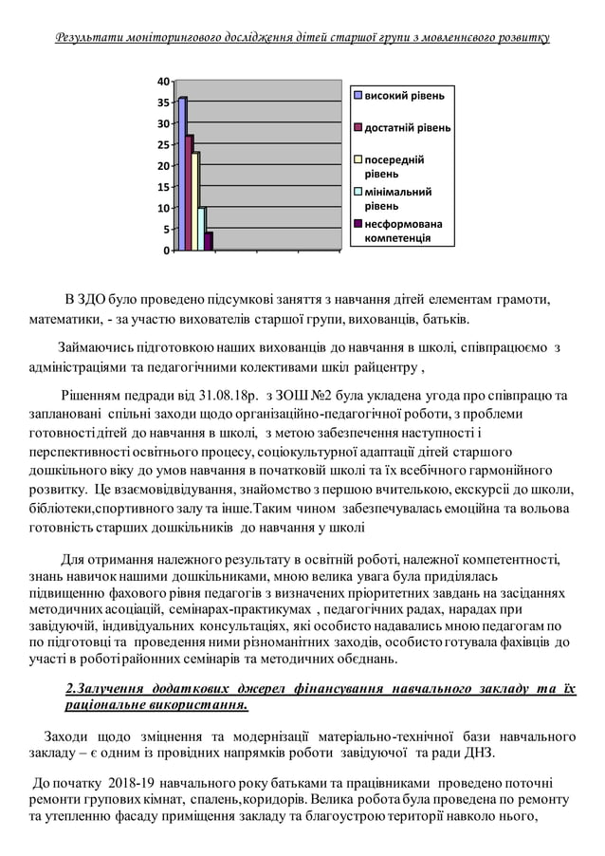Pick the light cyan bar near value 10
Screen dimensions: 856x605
(201, 229)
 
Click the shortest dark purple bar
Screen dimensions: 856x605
(209, 241)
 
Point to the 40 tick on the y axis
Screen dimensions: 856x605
(164, 82)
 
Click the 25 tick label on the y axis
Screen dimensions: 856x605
(164, 145)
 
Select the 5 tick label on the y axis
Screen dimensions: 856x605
(167, 230)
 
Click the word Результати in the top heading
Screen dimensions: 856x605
(91, 38)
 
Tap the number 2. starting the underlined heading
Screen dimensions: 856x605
(71, 688)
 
